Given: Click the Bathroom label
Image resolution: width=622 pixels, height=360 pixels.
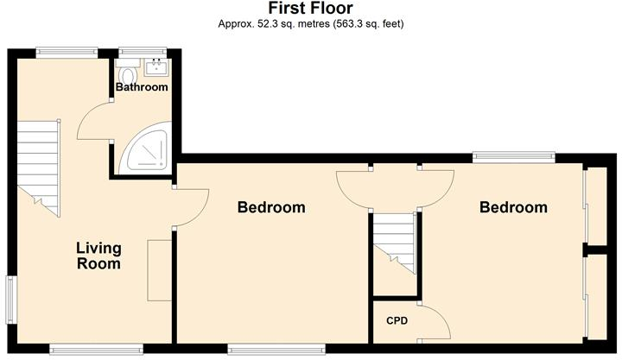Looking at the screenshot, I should [142, 87].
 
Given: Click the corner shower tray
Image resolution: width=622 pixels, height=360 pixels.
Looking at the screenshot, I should [148, 153].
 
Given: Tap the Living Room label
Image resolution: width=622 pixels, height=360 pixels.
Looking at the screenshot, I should [98, 256].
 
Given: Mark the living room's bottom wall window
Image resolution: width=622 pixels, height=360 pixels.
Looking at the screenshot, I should [95, 349].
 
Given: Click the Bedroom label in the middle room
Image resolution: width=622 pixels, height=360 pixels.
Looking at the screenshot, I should [271, 207].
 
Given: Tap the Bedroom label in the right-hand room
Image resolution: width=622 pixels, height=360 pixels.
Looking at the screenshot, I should [513, 207].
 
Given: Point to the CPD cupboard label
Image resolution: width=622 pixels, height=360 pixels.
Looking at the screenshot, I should [397, 321].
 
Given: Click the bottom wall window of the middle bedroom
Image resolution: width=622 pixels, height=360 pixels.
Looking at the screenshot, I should [276, 349].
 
